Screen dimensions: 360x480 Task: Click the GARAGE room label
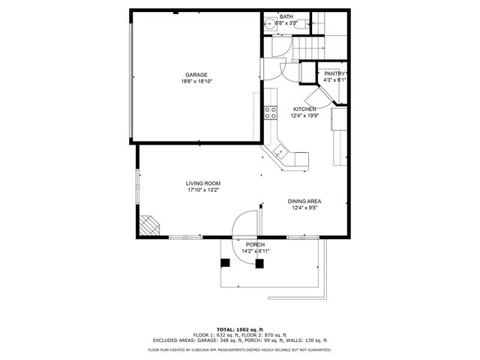pos(196,74)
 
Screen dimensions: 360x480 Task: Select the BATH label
pos(286,16)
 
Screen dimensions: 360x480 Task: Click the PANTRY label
pos(334,73)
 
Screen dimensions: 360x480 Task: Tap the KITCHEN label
pos(304,109)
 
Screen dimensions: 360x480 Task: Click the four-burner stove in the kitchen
pos(271,114)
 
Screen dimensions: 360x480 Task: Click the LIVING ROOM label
pos(203,183)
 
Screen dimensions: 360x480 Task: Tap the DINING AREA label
pos(305,201)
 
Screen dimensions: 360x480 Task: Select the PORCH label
pos(255,244)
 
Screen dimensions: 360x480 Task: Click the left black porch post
pos(225,262)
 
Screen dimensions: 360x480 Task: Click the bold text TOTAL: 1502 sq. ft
pos(239,329)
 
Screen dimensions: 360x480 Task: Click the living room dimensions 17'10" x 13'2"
pos(203,190)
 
